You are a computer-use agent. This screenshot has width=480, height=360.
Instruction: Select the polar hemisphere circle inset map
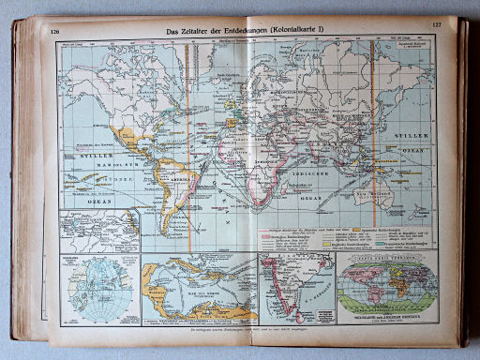(x=84, y=287)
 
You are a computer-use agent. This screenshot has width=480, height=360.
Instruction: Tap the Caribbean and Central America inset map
(x=197, y=287)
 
